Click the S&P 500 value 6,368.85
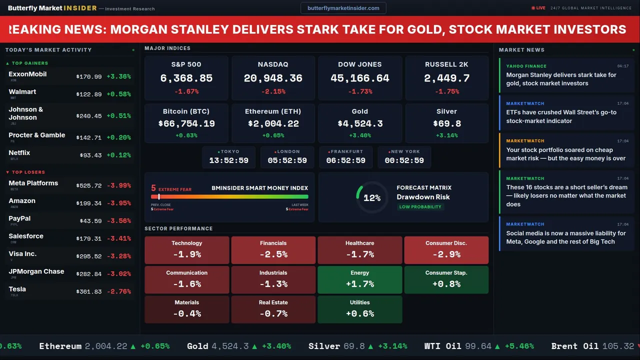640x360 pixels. tap(186, 78)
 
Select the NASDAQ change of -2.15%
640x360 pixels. tap(273, 91)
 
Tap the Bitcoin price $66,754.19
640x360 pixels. tap(186, 123)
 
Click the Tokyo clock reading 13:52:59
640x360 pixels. tap(229, 160)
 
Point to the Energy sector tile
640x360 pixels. tap(359, 279)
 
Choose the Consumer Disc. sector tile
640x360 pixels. tap(446, 250)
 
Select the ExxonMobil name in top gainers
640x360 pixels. tap(27, 74)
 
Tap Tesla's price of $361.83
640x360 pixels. tap(89, 291)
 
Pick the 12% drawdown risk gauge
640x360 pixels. tap(371, 198)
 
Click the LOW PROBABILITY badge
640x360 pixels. tap(420, 207)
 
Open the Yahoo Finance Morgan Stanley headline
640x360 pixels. tap(561, 79)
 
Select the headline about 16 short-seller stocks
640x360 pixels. tap(566, 195)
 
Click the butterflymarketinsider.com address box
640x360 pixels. tap(343, 8)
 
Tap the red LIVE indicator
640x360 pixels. tap(538, 8)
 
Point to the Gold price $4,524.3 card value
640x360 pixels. tap(359, 123)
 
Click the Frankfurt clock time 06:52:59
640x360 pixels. tap(346, 160)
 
